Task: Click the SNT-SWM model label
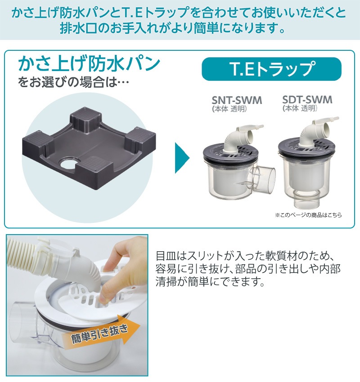pos(237,100)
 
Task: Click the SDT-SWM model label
pos(307,100)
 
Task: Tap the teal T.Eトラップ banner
pos(271,69)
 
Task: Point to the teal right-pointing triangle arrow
pos(181,158)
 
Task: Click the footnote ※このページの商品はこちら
pos(308,215)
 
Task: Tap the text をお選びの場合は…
pos(73,82)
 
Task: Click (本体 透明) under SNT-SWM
pos(229,109)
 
